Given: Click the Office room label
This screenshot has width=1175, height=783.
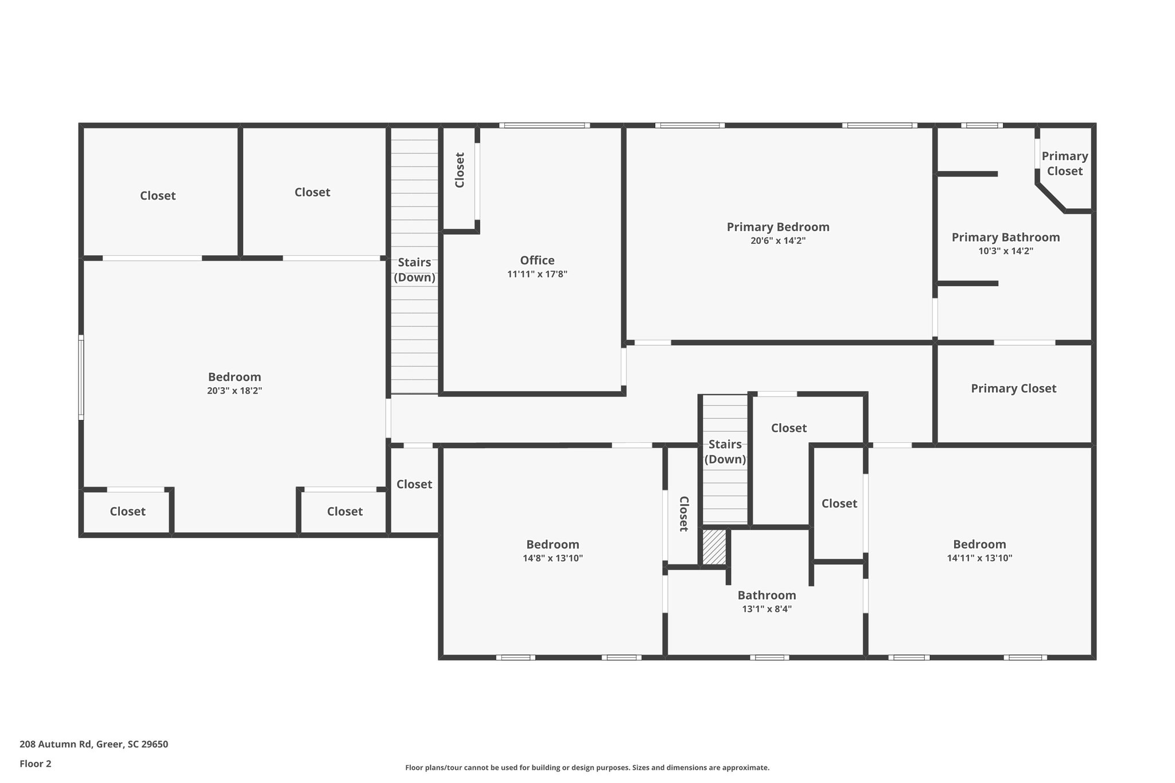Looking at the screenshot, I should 537,260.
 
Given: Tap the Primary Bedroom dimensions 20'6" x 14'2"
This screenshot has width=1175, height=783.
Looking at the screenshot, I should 777,241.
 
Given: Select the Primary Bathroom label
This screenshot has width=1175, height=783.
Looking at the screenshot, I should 1005,237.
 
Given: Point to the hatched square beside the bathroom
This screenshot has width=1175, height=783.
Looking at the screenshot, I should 714,547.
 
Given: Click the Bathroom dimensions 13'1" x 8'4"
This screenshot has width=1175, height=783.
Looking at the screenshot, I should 767,609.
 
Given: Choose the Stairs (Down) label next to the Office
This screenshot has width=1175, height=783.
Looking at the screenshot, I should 414,270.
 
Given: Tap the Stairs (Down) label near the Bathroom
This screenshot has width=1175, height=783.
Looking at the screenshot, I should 725,451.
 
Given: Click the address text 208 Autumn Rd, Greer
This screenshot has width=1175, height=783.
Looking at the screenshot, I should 94,744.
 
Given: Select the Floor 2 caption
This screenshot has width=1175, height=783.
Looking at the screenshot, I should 36,763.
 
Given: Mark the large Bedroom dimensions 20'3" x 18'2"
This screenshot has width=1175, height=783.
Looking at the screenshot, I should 234,391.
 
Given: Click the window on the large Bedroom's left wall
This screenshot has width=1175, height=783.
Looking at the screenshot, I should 81,377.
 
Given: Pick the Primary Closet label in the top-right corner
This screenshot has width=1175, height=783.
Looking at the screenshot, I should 1064,163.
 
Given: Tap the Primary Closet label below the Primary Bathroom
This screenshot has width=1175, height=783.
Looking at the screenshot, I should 1013,388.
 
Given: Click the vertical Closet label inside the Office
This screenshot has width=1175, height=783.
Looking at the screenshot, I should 460,170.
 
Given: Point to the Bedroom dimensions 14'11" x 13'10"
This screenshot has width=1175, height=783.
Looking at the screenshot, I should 979,558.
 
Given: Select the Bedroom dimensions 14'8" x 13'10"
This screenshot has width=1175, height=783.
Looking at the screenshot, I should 553,558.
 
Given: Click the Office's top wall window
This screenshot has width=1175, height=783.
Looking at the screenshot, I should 544,126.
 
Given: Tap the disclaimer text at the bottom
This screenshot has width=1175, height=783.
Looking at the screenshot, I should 587,768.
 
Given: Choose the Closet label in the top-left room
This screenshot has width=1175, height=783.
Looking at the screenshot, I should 158,196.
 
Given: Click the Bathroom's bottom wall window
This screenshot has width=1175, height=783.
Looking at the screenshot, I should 769,657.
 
